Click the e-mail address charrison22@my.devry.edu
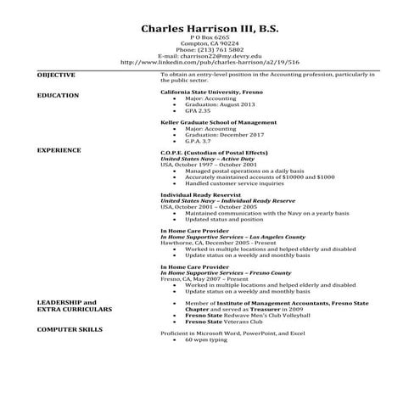coord(210,56)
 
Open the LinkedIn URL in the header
coord(210,62)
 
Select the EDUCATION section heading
coord(59,96)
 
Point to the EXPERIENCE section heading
coord(59,149)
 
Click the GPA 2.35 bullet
coord(198,110)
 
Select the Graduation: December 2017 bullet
coord(224,134)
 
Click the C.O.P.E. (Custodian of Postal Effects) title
coord(214,152)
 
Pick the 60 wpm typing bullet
coord(205,339)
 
